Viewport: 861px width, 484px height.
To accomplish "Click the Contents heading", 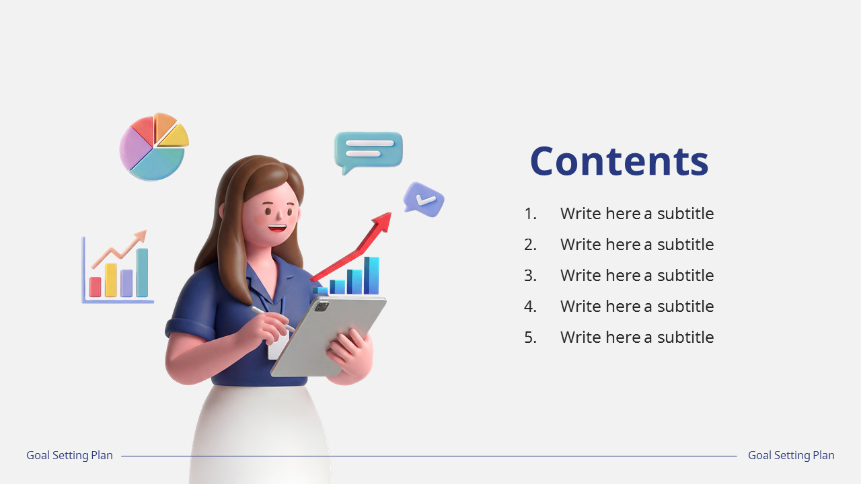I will click(x=619, y=161).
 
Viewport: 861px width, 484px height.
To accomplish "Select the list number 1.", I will click(x=530, y=214).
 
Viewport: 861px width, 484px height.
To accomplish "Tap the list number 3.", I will click(x=530, y=276).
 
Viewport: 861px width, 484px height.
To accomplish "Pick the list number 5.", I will click(x=530, y=337).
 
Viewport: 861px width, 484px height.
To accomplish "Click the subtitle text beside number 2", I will click(x=636, y=245).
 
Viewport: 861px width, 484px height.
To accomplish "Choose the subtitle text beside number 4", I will click(x=636, y=307).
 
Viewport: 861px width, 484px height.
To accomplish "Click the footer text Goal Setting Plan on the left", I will click(x=69, y=456).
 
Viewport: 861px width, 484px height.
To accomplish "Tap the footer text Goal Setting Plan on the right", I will click(x=791, y=456).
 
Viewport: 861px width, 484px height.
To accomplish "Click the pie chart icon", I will click(x=153, y=147).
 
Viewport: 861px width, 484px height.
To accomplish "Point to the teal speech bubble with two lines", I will click(x=368, y=149).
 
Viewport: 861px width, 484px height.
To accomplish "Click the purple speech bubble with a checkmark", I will click(x=424, y=199).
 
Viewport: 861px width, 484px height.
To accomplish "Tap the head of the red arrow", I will click(x=383, y=221).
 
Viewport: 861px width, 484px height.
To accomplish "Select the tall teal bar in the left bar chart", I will click(x=142, y=273).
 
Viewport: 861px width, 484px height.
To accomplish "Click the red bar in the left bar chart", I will click(x=95, y=286).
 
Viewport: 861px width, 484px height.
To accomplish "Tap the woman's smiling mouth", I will click(x=276, y=228).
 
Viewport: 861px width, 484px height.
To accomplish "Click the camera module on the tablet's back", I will click(x=322, y=307).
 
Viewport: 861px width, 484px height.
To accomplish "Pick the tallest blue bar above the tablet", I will click(x=371, y=275).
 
